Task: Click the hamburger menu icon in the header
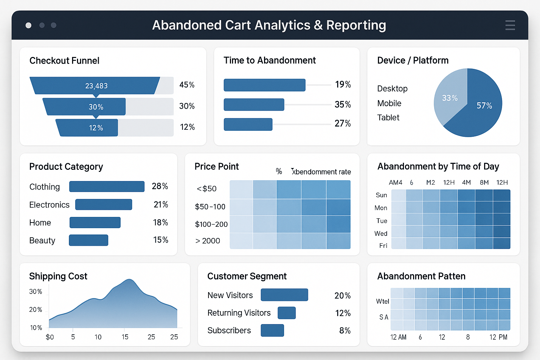pyautogui.click(x=510, y=25)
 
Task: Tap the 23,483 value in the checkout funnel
pyautogui.click(x=96, y=86)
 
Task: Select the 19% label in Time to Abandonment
pyautogui.click(x=343, y=84)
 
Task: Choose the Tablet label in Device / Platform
pyautogui.click(x=388, y=117)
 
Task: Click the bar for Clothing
pyautogui.click(x=107, y=187)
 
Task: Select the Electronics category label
pyautogui.click(x=49, y=205)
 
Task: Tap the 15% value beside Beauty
pyautogui.click(x=161, y=240)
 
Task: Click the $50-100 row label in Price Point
pyautogui.click(x=210, y=207)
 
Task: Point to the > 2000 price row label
pyautogui.click(x=207, y=241)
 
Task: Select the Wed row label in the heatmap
pyautogui.click(x=381, y=233)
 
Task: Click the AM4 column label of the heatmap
pyautogui.click(x=396, y=182)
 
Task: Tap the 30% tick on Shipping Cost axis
pyautogui.click(x=36, y=291)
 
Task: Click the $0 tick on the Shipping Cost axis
pyautogui.click(x=50, y=337)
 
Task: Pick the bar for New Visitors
pyautogui.click(x=284, y=295)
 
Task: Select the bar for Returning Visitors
pyautogui.click(x=287, y=313)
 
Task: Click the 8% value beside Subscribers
pyautogui.click(x=345, y=330)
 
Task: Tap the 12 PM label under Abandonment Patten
pyautogui.click(x=498, y=337)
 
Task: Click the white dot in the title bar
pyautogui.click(x=28, y=25)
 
